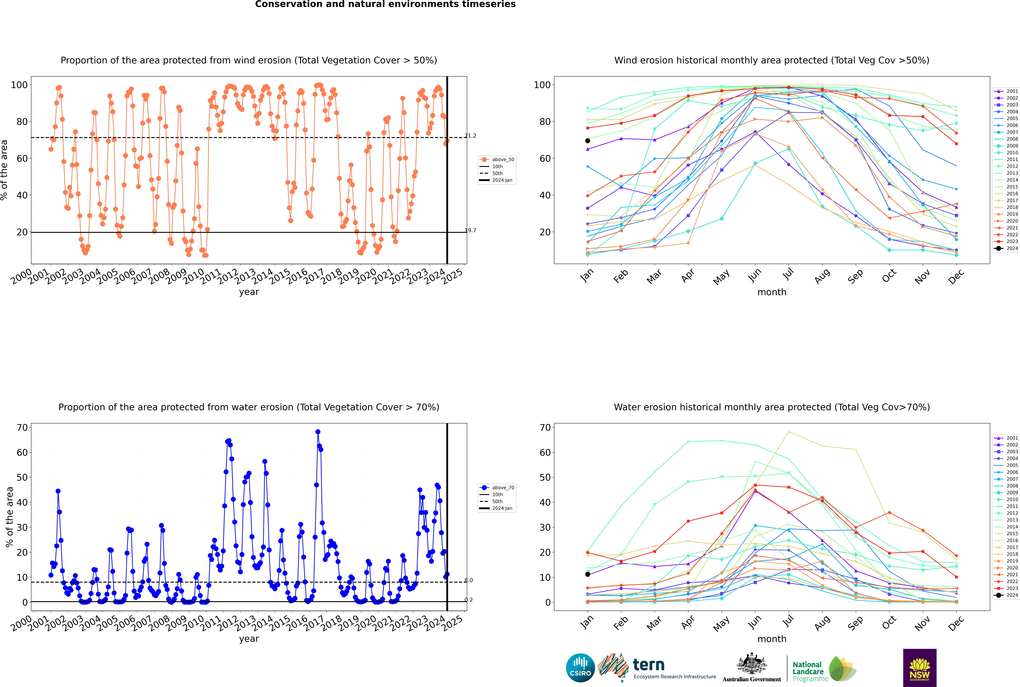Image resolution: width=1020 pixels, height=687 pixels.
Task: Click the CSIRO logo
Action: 580,668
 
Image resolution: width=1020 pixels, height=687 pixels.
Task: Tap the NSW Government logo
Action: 920,668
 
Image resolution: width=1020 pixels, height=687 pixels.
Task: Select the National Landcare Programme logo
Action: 824,669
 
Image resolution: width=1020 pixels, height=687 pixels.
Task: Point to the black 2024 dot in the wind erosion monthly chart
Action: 588,141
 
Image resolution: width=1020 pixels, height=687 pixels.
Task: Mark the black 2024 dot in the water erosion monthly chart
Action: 588,574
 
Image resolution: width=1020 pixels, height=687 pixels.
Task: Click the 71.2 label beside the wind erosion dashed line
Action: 470,136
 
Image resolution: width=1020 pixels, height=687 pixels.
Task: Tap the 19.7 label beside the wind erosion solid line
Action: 470,230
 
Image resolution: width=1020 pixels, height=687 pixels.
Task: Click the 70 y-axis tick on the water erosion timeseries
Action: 22,428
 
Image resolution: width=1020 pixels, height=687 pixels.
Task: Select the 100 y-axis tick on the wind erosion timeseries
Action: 19,85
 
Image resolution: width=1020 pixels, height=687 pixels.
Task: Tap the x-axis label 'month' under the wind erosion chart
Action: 772,292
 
